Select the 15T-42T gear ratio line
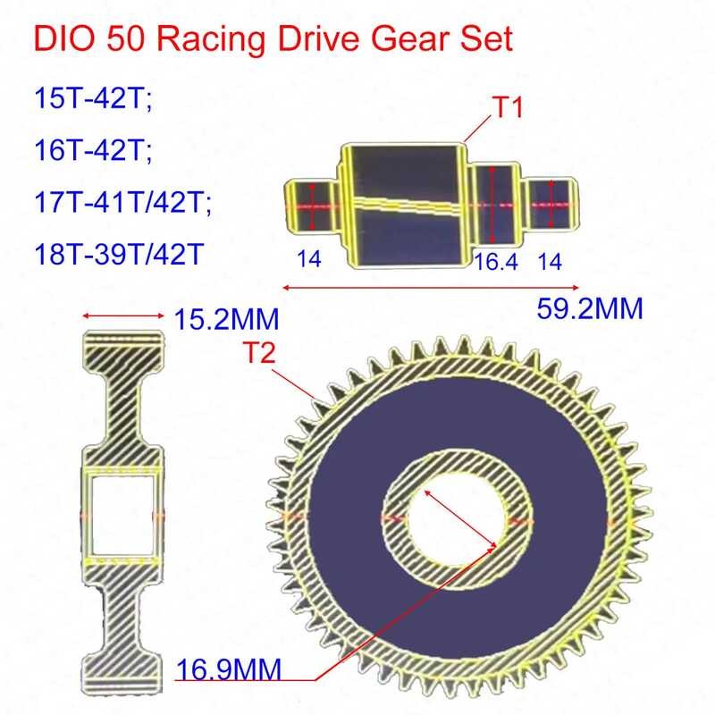click(x=88, y=96)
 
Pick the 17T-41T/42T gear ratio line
click(x=125, y=202)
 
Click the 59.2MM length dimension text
click(x=590, y=309)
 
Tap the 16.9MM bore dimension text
click(x=227, y=669)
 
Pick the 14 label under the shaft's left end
click(x=308, y=259)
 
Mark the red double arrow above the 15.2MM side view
click(x=123, y=315)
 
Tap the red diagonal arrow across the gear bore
click(x=460, y=517)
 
